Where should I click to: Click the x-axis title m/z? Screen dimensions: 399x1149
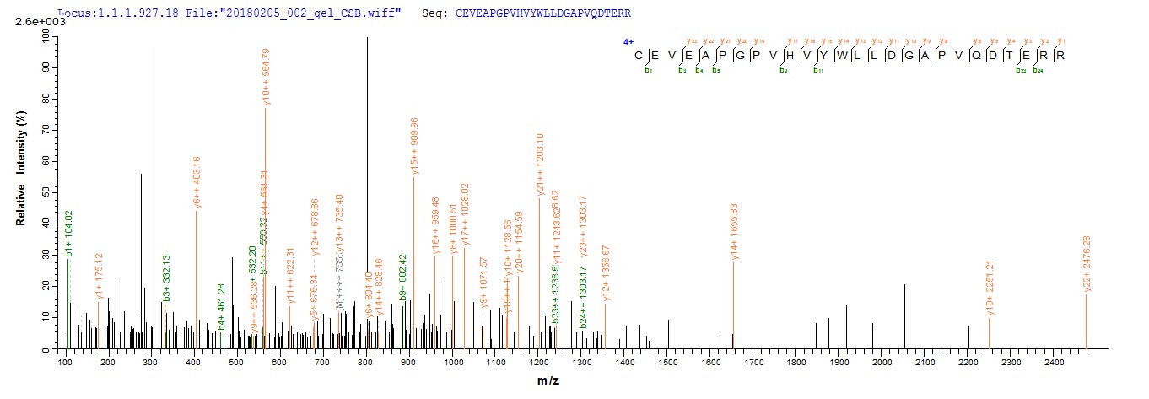(549, 381)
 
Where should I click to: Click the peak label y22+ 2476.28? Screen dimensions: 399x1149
(1087, 264)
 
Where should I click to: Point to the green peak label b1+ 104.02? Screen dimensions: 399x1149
(69, 234)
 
